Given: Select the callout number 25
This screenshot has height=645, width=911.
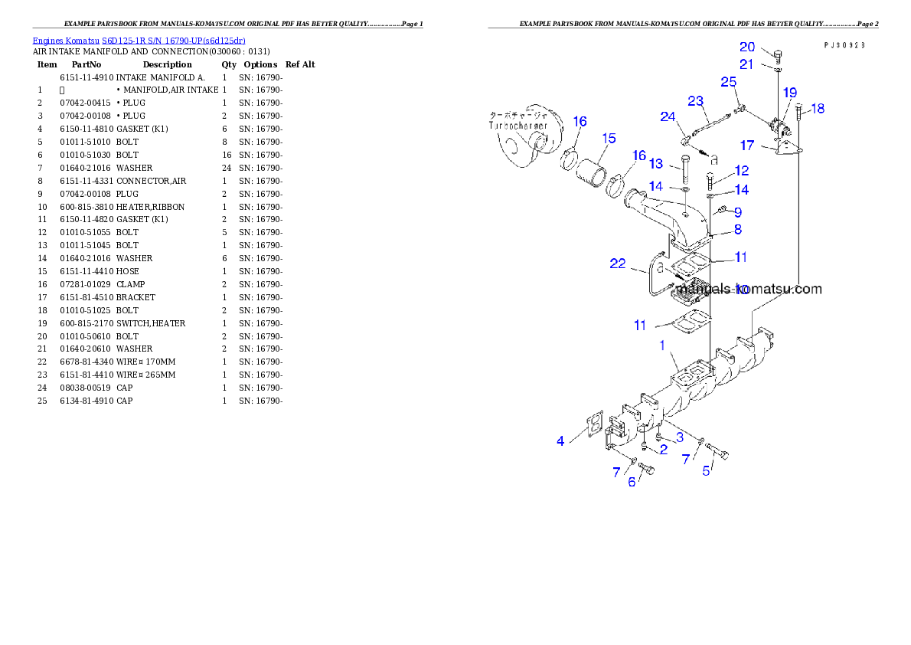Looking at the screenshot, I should (x=729, y=81).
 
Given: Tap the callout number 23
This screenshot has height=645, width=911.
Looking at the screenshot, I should (x=695, y=100).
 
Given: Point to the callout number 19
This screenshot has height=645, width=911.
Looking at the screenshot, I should (x=789, y=93).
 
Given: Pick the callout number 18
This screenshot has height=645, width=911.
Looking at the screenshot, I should (x=818, y=109).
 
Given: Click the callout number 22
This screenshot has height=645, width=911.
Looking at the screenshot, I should (x=618, y=264).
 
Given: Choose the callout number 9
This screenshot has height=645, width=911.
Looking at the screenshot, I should (x=738, y=211).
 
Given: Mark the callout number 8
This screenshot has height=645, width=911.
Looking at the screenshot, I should (x=737, y=229).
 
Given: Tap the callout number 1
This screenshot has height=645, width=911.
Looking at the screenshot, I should (x=663, y=345).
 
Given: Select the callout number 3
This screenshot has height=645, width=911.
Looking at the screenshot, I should (x=679, y=437).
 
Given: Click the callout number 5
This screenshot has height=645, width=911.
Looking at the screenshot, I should (x=707, y=470).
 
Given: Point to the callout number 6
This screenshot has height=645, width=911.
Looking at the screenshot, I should (x=632, y=482).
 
